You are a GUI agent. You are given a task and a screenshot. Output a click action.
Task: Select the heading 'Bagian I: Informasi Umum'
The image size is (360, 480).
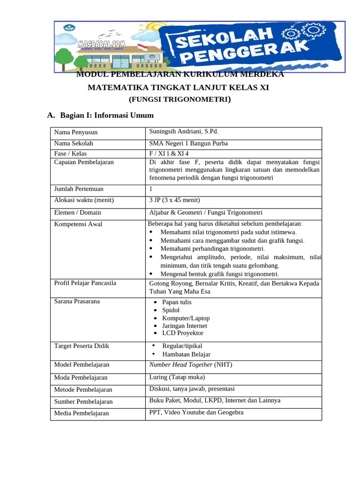pyautogui.click(x=106, y=115)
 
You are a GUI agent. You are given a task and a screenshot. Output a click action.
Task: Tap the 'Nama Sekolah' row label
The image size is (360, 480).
pyautogui.click(x=74, y=144)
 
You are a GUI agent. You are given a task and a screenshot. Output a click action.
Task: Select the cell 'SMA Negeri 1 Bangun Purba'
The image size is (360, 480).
pyautogui.click(x=188, y=144)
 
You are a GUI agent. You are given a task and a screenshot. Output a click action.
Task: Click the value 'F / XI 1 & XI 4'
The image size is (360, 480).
pyautogui.click(x=169, y=153)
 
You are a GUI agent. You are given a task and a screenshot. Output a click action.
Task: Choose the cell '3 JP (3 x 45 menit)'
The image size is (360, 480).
pyautogui.click(x=174, y=200)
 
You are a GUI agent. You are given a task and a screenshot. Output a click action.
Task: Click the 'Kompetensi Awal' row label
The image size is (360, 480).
pyautogui.click(x=78, y=224)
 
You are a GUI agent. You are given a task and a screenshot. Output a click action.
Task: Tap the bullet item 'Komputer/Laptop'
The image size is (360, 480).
pyautogui.click(x=186, y=318)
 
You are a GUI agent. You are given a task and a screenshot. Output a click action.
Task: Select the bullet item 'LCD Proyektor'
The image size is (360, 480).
pyautogui.click(x=183, y=333)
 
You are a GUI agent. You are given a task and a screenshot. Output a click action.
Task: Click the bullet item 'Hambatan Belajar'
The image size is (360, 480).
pyautogui.click(x=186, y=354)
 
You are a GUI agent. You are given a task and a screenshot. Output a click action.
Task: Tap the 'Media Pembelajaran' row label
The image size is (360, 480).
pyautogui.click(x=82, y=413)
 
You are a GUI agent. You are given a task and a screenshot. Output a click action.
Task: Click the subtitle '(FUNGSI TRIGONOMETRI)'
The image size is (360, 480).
pyautogui.click(x=180, y=99)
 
